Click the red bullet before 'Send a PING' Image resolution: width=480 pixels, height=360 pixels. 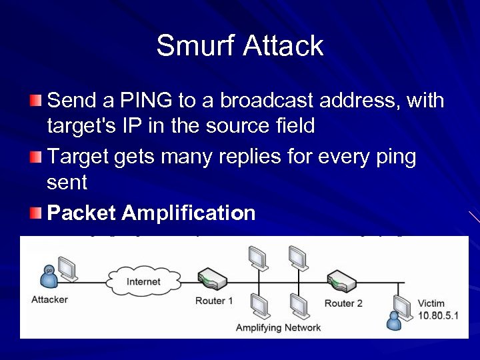click(x=36, y=101)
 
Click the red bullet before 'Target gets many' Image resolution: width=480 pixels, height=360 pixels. click(x=36, y=157)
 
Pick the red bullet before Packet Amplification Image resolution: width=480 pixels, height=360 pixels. click(x=36, y=213)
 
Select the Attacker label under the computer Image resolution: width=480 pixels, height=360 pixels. click(x=49, y=299)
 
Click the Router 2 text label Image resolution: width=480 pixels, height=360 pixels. click(x=343, y=303)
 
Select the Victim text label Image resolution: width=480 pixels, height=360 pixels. click(x=431, y=303)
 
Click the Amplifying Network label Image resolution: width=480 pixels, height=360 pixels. click(x=278, y=327)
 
